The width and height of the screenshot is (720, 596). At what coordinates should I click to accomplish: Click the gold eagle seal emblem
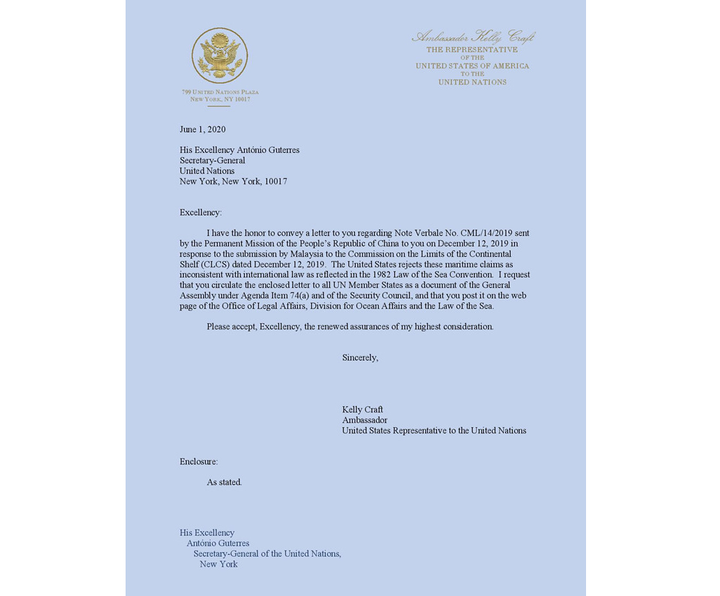click(x=220, y=55)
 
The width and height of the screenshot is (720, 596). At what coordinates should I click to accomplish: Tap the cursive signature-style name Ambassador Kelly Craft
click(x=473, y=37)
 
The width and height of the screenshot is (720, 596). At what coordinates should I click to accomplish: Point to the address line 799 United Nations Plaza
click(x=220, y=92)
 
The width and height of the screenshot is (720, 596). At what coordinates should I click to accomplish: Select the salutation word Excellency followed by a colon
click(x=200, y=213)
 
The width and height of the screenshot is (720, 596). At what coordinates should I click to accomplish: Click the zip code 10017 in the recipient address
click(x=273, y=181)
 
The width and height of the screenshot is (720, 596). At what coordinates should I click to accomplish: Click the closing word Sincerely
click(x=360, y=357)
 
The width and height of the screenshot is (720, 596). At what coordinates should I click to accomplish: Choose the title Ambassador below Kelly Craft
click(x=365, y=420)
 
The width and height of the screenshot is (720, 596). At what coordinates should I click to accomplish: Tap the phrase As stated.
click(x=224, y=482)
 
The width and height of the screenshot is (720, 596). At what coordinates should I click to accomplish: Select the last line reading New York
click(x=219, y=565)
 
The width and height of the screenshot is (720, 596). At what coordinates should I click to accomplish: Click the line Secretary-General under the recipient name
click(x=212, y=160)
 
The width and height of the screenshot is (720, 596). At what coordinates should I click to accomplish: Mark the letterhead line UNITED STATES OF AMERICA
click(x=472, y=66)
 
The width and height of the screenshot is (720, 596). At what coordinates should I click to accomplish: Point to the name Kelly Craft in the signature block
click(x=363, y=409)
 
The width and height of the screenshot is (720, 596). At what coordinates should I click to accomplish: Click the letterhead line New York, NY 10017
click(x=220, y=100)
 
